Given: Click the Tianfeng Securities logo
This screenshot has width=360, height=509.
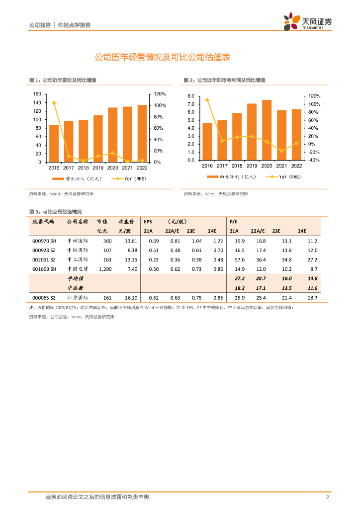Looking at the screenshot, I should [x=307, y=22].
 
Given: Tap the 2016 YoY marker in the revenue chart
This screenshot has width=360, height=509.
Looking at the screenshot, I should [x=54, y=103].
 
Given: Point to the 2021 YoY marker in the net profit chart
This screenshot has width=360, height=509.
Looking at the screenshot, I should [x=281, y=151].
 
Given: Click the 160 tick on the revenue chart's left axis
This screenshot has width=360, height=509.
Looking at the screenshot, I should [x=37, y=94].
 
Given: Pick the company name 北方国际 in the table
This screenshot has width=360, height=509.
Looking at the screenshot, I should [x=77, y=297].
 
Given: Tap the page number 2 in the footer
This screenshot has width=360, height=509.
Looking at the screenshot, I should [x=327, y=497].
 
